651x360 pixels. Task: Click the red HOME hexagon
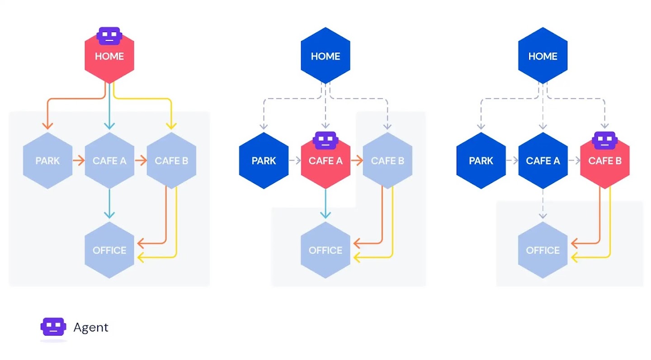[109, 61]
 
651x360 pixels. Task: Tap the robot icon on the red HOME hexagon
[109, 36]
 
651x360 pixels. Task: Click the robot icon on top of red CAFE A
[325, 140]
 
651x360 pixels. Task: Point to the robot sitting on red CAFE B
[605, 140]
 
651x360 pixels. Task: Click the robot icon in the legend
[53, 327]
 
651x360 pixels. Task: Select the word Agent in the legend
[91, 327]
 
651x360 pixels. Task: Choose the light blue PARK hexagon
[47, 161]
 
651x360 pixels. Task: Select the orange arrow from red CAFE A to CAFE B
[357, 161]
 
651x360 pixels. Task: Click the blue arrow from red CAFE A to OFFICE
[325, 204]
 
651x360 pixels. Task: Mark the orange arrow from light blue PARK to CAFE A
[78, 161]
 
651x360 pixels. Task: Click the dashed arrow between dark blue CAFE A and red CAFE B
[574, 161]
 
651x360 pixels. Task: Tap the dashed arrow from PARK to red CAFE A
[294, 161]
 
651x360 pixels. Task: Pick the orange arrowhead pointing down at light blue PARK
[47, 125]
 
